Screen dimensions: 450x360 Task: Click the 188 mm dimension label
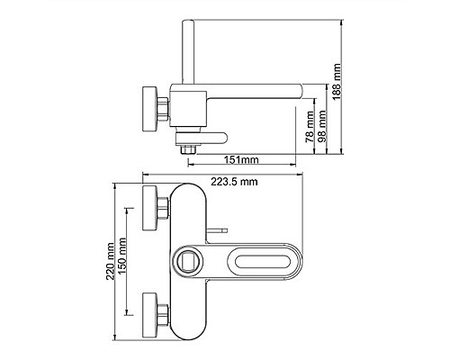(337, 82)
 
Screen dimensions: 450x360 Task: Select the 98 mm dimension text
(322, 126)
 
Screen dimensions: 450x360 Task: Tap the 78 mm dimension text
(310, 127)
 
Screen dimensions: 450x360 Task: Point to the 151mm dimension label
(241, 159)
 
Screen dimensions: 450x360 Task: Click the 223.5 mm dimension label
(234, 182)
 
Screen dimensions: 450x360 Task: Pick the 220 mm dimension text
(111, 261)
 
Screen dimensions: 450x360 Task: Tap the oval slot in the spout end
(263, 261)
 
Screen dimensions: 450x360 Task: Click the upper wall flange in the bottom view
(149, 208)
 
